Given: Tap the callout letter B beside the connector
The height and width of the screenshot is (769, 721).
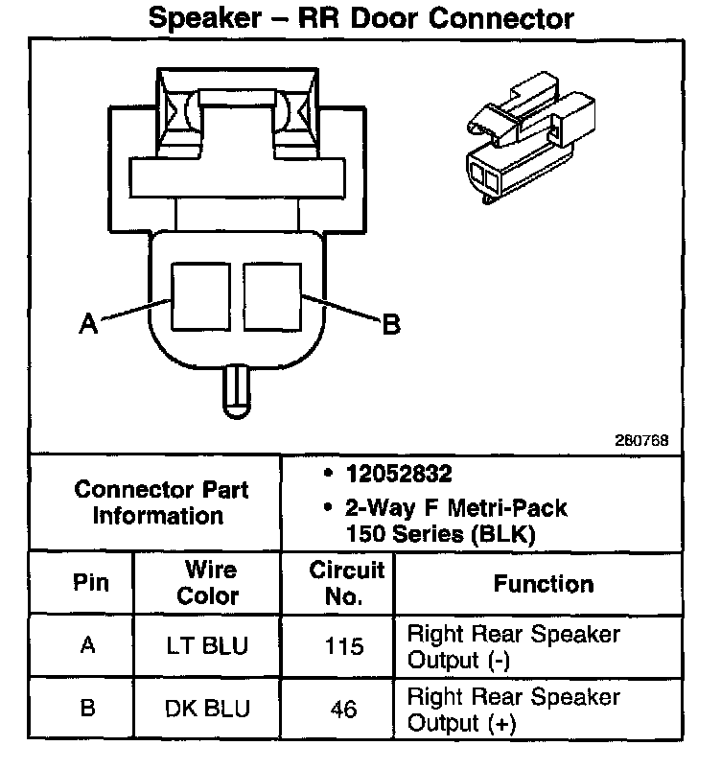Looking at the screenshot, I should tap(390, 326).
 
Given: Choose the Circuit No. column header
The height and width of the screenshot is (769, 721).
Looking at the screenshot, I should tap(345, 583).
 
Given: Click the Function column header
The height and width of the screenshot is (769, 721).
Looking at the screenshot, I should tap(544, 583).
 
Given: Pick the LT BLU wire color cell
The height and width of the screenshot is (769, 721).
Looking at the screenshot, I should tap(209, 646).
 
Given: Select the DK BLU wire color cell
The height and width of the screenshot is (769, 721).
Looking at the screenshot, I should tap(209, 710).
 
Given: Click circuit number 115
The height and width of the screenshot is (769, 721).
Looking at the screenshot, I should tap(344, 646).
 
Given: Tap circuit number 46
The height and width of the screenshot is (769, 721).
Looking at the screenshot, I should tap(344, 710).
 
